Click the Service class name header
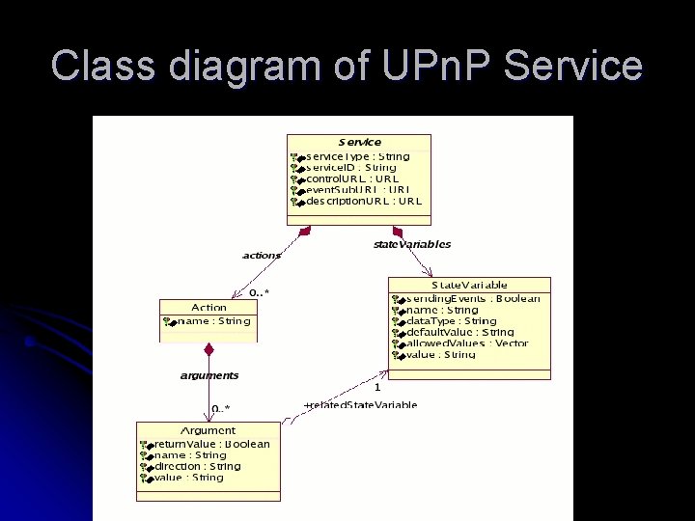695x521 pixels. click(359, 142)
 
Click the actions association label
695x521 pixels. click(262, 256)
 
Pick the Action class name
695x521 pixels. click(208, 308)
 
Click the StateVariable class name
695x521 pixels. click(469, 286)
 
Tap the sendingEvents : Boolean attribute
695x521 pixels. click(472, 299)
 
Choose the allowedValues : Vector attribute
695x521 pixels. click(466, 343)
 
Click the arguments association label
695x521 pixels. click(209, 375)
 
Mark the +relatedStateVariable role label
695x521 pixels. click(360, 405)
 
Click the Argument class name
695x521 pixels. click(208, 430)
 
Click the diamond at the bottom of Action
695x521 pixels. click(208, 348)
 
